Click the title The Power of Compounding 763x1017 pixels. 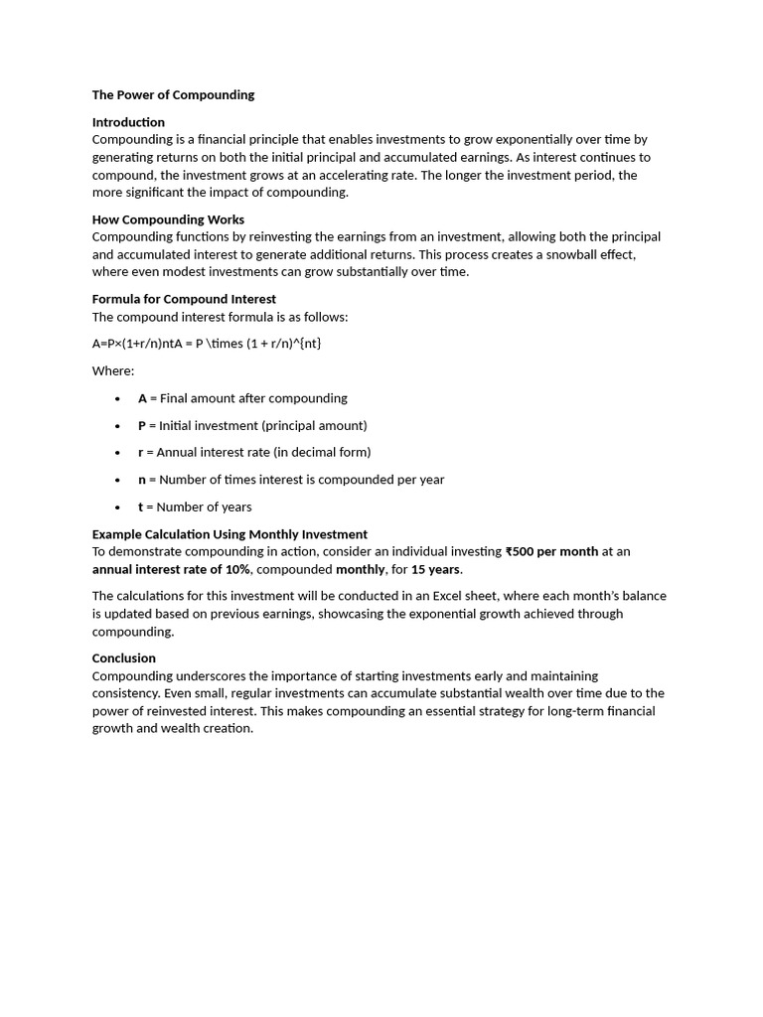[x=173, y=95]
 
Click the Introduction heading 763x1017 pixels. [x=128, y=122]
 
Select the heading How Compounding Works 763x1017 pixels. [x=168, y=219]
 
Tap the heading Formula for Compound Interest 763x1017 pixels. [x=184, y=299]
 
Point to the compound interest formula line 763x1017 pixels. [x=207, y=344]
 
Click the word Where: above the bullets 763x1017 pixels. [x=113, y=370]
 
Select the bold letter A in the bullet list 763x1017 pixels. [x=142, y=398]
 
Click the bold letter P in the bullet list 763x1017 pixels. [x=142, y=425]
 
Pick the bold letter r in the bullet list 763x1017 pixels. [x=140, y=452]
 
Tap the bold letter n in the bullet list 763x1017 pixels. [x=142, y=480]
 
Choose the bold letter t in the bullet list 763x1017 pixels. [x=140, y=507]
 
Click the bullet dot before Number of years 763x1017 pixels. [x=117, y=508]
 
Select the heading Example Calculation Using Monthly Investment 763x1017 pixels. [x=229, y=534]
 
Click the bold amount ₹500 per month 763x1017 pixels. [x=551, y=552]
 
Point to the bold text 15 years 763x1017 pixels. [x=436, y=570]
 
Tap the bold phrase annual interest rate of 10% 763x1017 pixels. [x=171, y=570]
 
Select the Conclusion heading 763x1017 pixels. [x=124, y=658]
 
